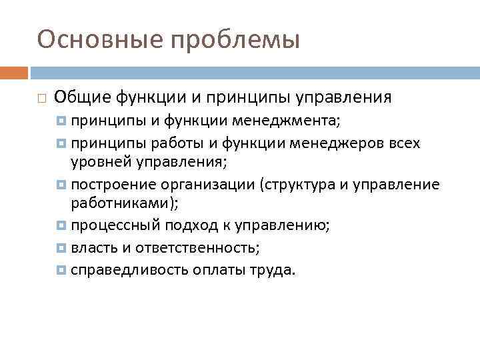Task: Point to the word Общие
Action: (x=83, y=97)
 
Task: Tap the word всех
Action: (x=402, y=143)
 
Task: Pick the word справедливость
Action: (x=129, y=271)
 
